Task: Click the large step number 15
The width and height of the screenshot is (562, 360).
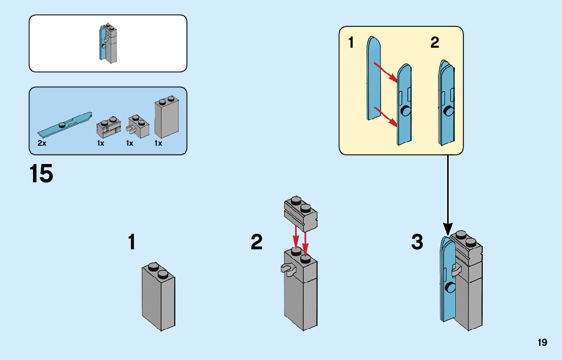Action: point(41,174)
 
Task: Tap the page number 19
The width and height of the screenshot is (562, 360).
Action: point(542,342)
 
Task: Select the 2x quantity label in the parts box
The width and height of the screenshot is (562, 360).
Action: point(42,144)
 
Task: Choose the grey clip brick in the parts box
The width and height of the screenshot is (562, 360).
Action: point(137,125)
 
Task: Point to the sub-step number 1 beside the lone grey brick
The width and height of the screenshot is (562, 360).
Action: point(132,242)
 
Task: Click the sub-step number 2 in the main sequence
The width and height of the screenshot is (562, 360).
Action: point(257,242)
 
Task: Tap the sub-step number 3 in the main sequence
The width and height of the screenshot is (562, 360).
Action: point(417,242)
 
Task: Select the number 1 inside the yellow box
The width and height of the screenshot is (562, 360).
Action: point(351,43)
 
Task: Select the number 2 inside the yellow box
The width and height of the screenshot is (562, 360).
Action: point(434,43)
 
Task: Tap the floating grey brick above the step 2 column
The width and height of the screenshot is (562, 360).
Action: point(301,211)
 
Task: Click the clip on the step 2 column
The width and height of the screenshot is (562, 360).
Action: point(288,269)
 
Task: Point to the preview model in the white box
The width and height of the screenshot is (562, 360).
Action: point(108,43)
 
